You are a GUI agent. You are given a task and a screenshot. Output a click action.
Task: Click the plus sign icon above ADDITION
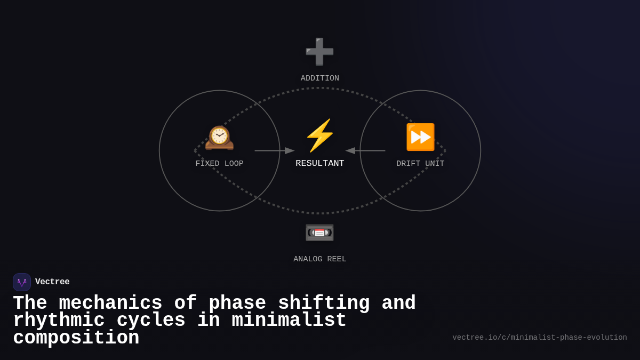[x=319, y=52]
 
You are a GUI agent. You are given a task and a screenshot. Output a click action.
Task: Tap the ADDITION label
[x=319, y=78]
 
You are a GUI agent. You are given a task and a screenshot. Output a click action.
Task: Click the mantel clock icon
[x=219, y=138]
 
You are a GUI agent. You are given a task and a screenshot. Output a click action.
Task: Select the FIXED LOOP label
[x=219, y=164]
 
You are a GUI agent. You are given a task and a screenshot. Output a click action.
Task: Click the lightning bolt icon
[x=319, y=135]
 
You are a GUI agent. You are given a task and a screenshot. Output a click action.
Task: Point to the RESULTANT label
[x=319, y=163]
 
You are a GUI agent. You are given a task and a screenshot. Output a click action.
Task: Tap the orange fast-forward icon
[x=420, y=137]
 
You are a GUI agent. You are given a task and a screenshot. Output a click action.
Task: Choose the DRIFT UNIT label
[x=420, y=164]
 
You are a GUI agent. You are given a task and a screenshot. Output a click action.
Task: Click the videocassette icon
[x=319, y=233]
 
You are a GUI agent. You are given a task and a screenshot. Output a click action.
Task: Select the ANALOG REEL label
[x=319, y=259]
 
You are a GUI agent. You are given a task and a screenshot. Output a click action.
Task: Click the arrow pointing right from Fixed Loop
[x=275, y=150]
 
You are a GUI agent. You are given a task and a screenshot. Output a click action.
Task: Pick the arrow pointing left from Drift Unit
[x=365, y=150]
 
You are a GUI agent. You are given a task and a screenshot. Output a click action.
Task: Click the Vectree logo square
[x=22, y=282]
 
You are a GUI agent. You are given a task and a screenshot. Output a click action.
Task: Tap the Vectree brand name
[x=52, y=282]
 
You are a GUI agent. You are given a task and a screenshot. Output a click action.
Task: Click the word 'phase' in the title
[x=237, y=303]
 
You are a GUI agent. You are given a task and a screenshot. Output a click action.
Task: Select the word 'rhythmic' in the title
[x=59, y=321]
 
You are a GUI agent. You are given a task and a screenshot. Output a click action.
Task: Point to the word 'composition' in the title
[x=76, y=338]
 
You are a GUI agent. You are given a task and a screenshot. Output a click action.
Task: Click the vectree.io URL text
[x=539, y=338]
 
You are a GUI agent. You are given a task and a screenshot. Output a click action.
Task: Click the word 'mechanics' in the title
[x=110, y=303]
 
